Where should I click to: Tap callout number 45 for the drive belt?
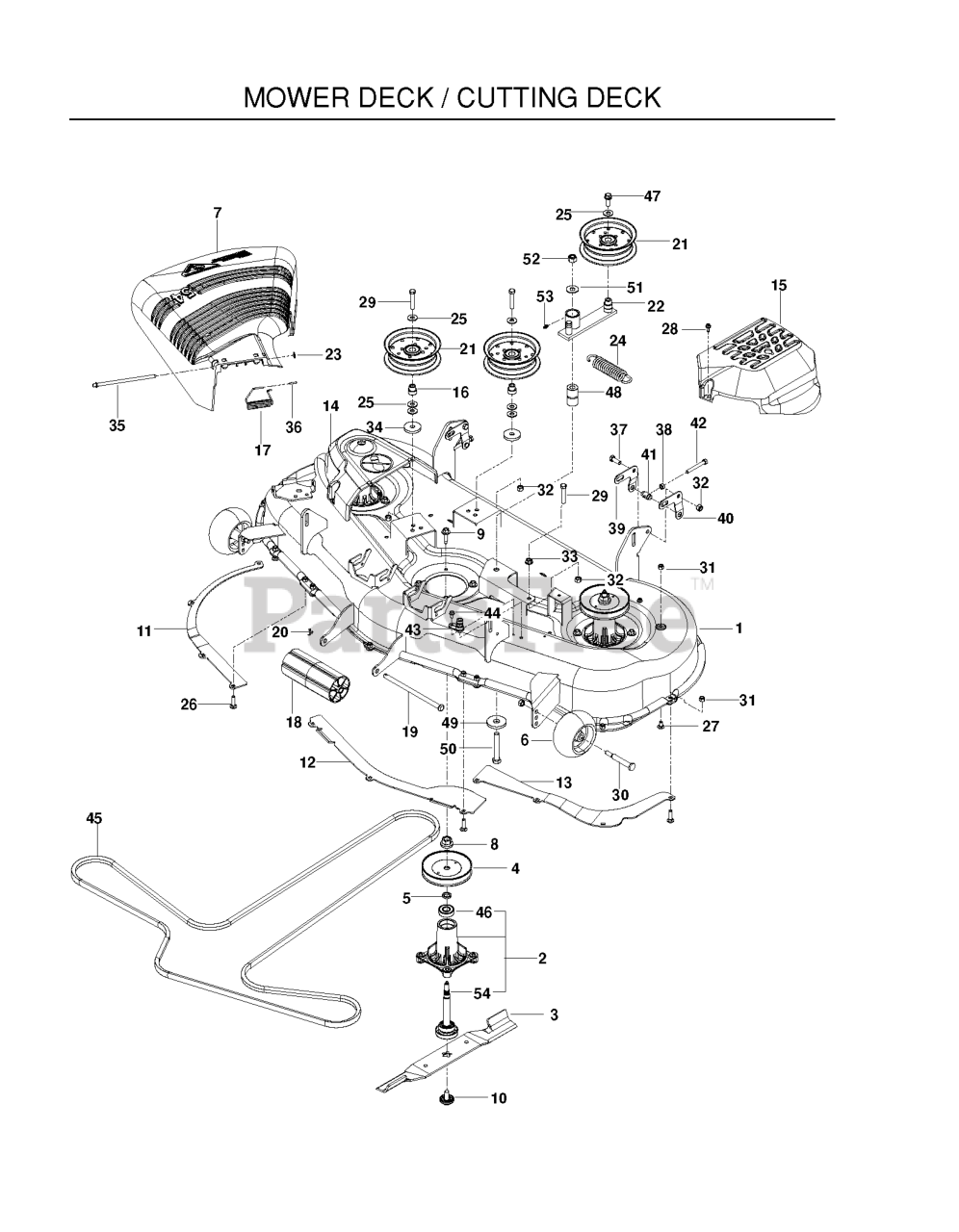click(x=94, y=818)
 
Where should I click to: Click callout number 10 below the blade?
click(x=499, y=1098)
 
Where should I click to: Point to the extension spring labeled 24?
click(x=610, y=369)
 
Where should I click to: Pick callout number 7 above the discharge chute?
click(x=218, y=213)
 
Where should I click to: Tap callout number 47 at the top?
click(x=652, y=196)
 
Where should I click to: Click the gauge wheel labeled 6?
click(x=573, y=742)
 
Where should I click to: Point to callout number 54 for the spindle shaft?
click(x=481, y=992)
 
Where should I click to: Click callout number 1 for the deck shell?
click(x=739, y=629)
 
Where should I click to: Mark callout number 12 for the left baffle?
click(x=307, y=762)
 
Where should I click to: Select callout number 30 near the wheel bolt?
click(x=620, y=794)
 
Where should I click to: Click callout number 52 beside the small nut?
click(x=531, y=259)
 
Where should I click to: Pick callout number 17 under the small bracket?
click(x=263, y=449)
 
